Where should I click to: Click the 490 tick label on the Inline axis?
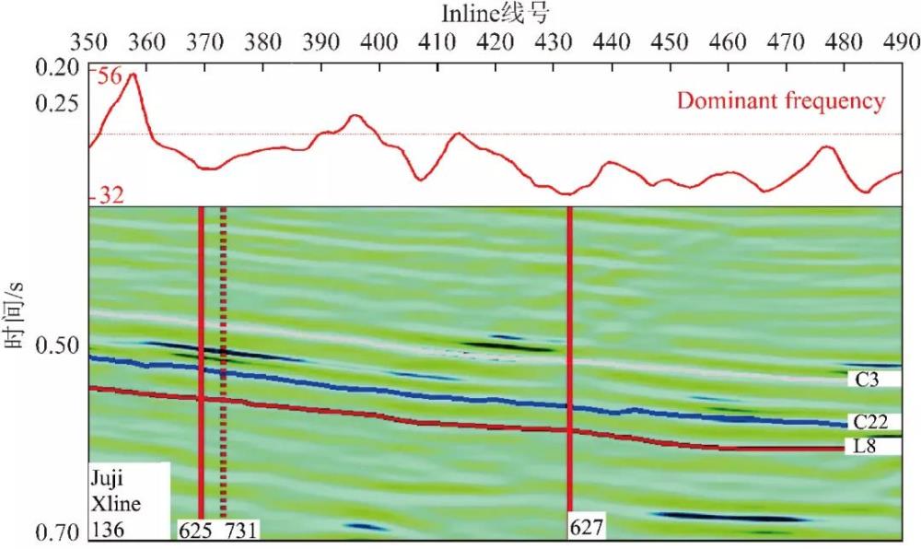coord(902,41)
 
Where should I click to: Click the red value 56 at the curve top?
coord(108,78)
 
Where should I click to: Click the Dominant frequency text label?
coord(781,101)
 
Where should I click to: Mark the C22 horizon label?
coord(870,423)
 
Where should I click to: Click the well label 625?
coord(193,530)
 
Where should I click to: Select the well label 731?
coord(241,530)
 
